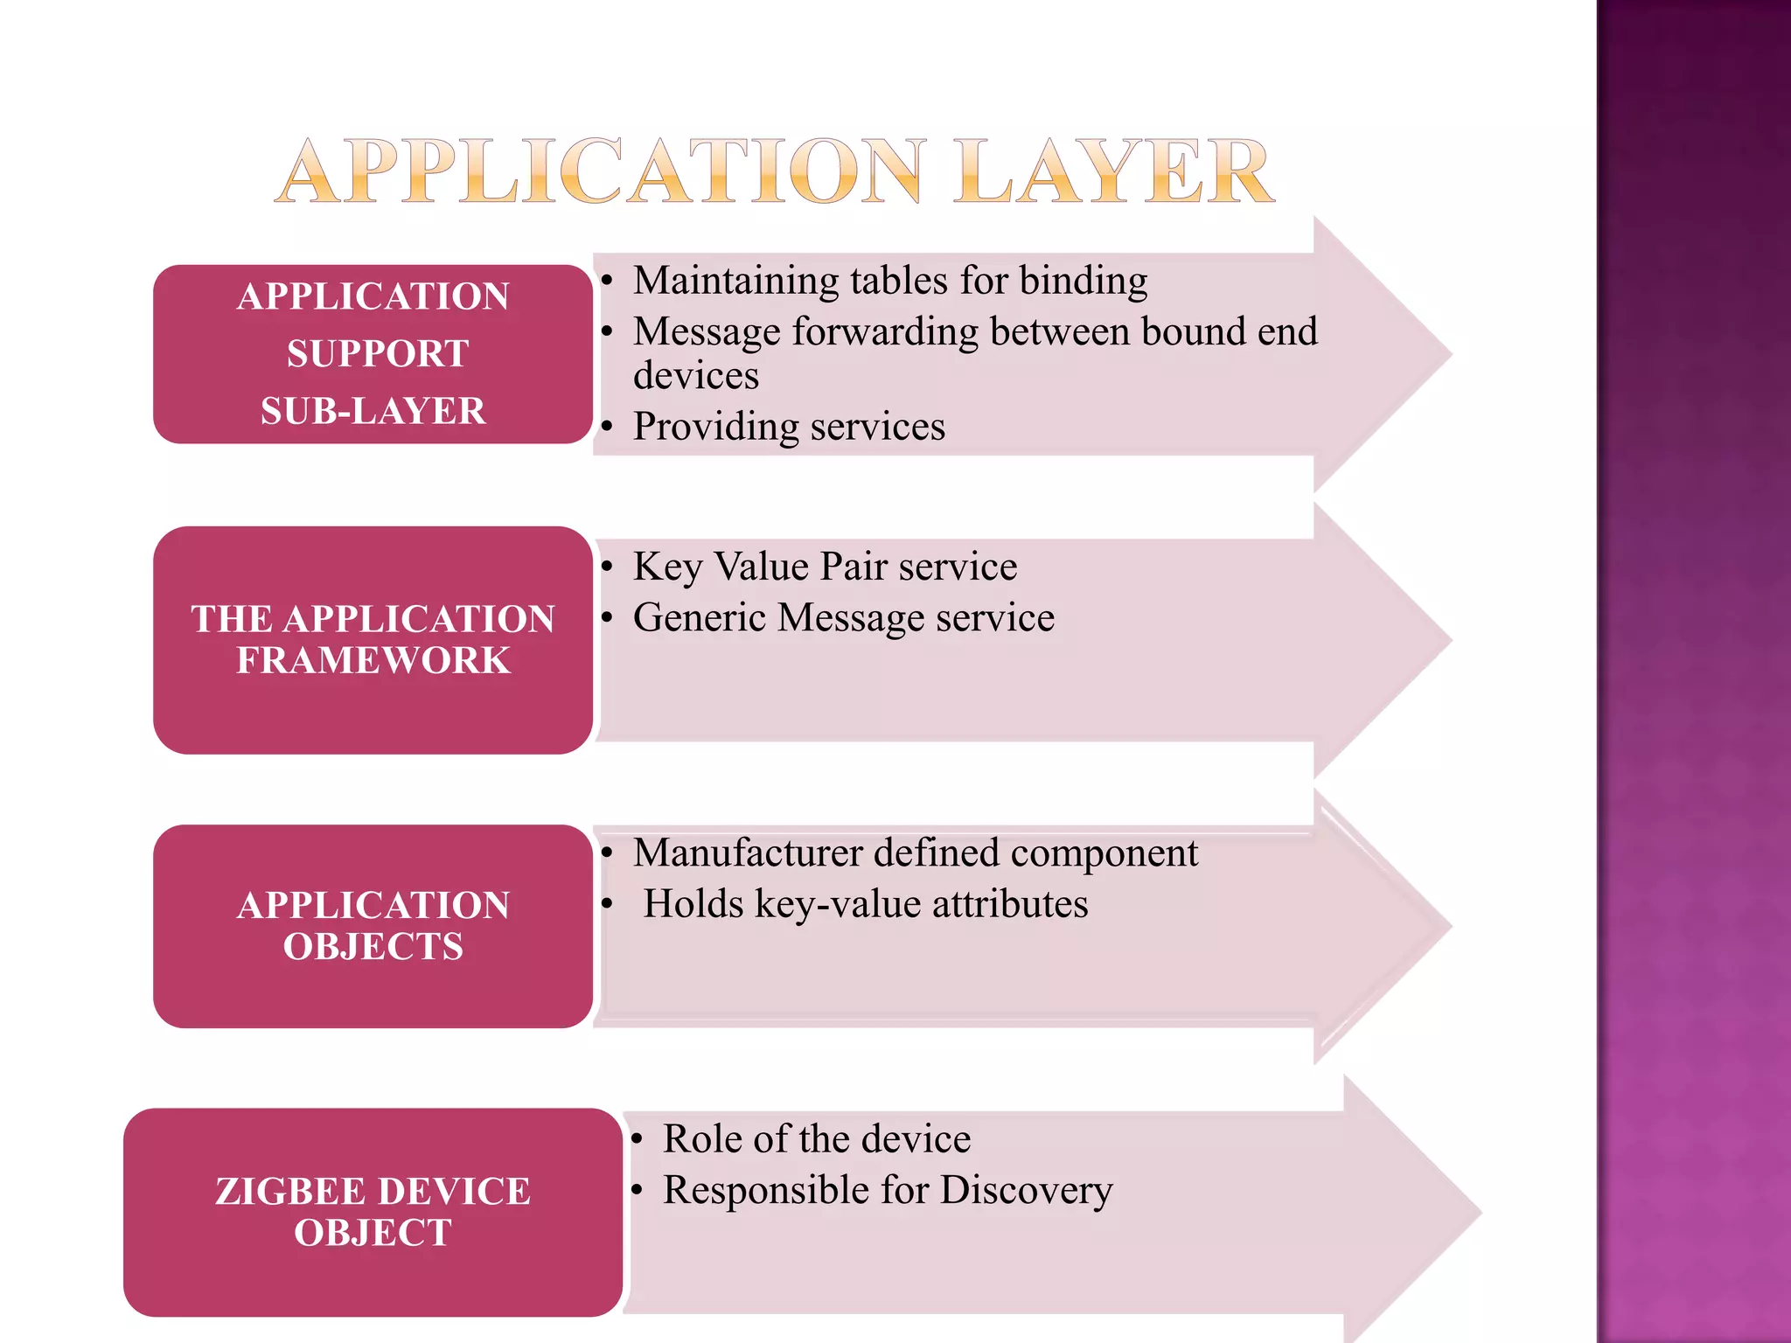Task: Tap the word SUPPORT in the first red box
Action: (x=378, y=354)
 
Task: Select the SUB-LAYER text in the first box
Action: (x=373, y=411)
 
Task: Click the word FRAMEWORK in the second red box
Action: (x=373, y=660)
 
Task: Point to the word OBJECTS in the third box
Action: (x=373, y=947)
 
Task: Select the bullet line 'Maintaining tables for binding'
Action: (x=889, y=281)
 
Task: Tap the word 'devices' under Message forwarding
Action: (x=696, y=376)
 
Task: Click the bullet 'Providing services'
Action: (x=789, y=427)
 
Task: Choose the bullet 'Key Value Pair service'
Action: (x=825, y=567)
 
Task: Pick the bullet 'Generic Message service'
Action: (x=843, y=618)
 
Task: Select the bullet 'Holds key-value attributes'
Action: (x=865, y=904)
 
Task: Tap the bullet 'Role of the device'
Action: (x=816, y=1139)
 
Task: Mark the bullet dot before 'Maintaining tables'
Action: (x=607, y=282)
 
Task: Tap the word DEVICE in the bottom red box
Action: (x=455, y=1192)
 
